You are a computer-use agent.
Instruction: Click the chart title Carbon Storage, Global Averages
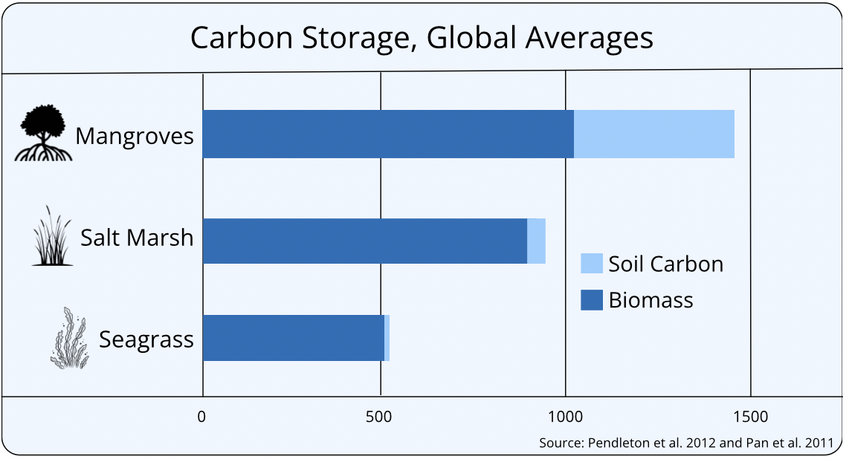422,38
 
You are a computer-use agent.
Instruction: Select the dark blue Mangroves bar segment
388,134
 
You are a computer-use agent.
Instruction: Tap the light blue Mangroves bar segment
654,134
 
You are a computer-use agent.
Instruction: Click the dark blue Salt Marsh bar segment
364,241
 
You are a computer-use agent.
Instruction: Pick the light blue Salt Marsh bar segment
537,241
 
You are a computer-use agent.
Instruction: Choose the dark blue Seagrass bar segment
293,338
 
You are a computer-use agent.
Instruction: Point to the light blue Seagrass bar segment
387,338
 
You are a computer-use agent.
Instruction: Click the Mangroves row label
135,136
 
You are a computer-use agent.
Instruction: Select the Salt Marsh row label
137,238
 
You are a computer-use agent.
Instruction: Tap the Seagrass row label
146,339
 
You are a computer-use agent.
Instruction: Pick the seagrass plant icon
69,339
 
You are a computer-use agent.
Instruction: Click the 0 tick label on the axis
201,417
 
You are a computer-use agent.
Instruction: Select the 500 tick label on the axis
379,417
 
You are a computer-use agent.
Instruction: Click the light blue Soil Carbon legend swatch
591,264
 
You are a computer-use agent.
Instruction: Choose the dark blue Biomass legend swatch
591,300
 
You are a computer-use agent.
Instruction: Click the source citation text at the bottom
686,443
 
